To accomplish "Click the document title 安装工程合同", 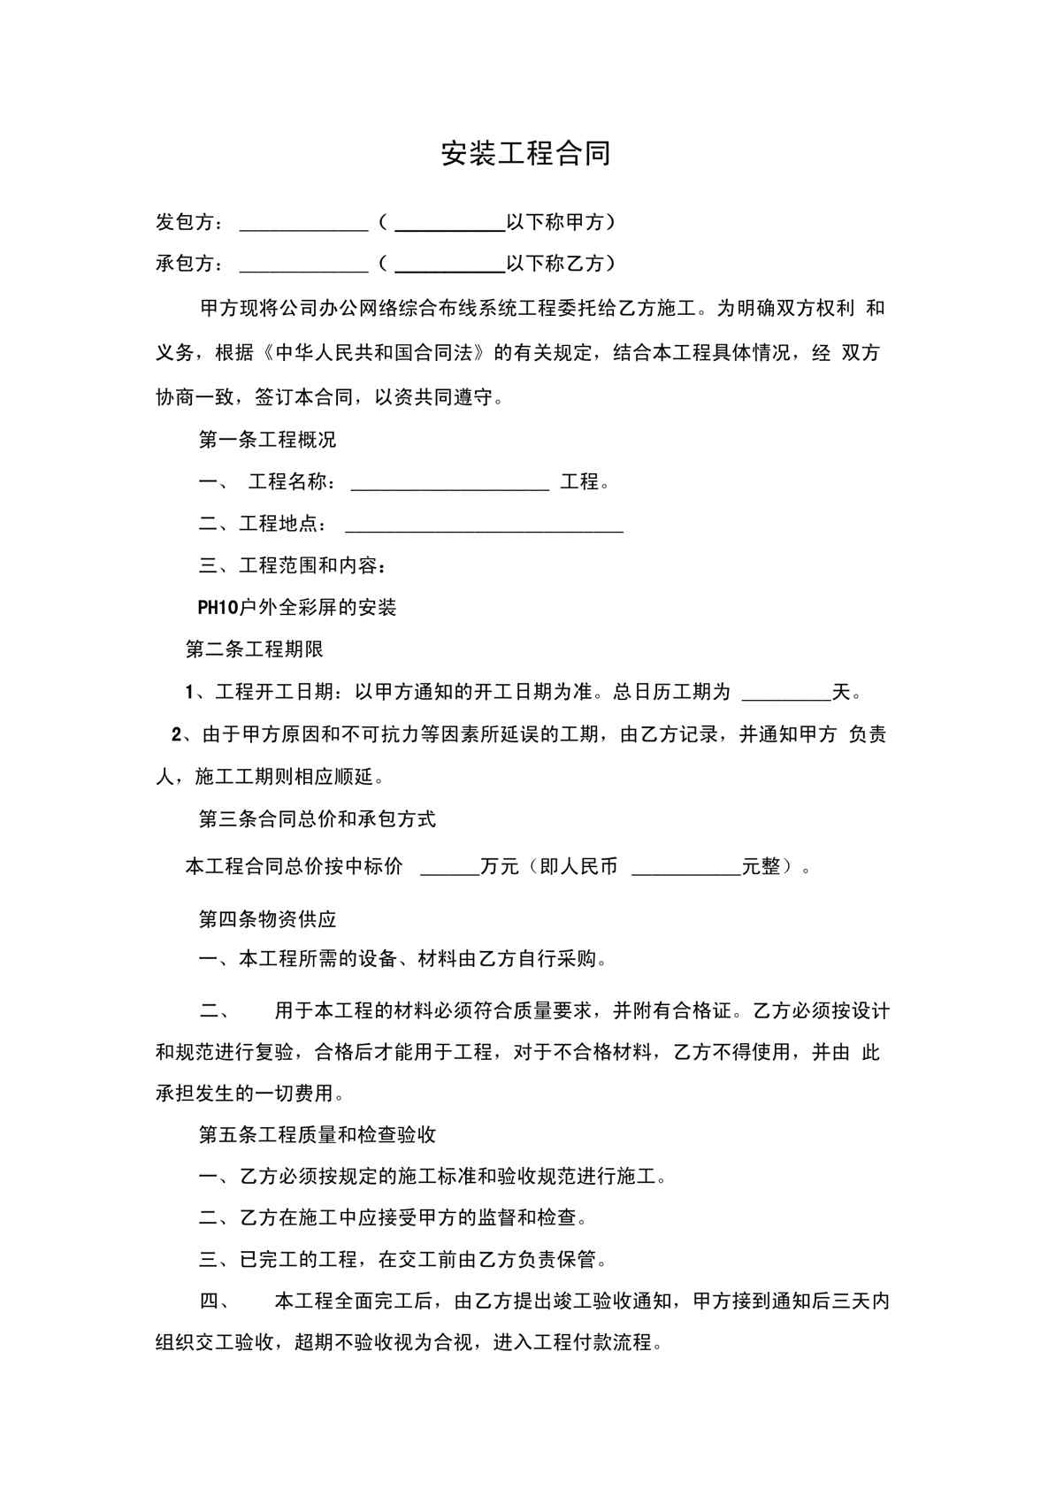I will coord(526,154).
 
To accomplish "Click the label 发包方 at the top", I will coord(184,222).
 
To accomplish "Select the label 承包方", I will coord(184,264).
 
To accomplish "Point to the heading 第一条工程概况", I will coord(267,440).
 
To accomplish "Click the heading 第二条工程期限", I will coord(255,649).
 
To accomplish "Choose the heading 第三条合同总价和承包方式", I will coord(317,819).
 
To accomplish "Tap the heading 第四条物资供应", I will coord(267,919).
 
